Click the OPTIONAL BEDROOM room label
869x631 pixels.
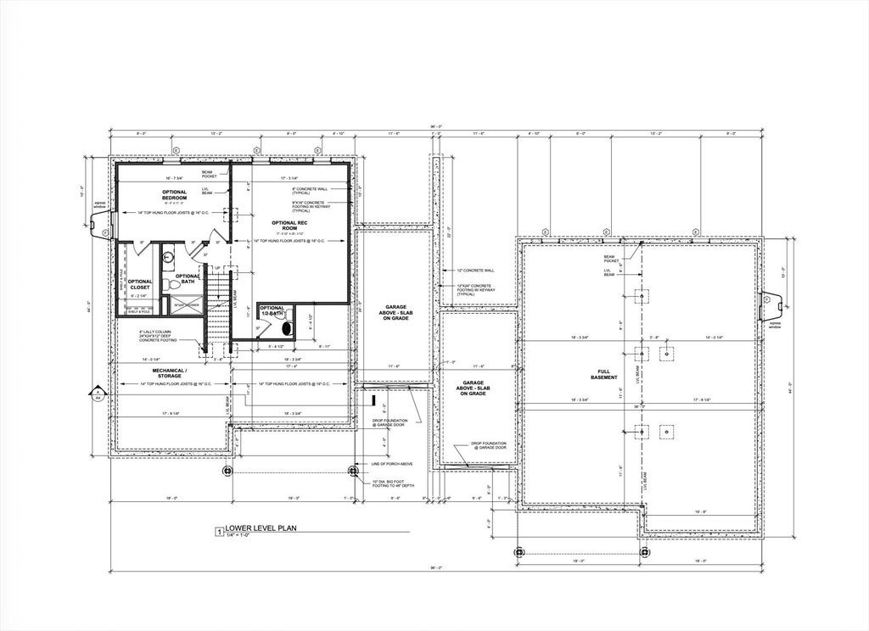tap(174, 195)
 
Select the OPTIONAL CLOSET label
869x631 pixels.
tap(140, 284)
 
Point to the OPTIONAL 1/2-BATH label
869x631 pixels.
tap(272, 310)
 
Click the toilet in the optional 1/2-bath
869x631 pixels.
tap(285, 326)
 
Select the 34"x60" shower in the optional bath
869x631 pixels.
tap(186, 304)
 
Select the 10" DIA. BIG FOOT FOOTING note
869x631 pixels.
tap(392, 483)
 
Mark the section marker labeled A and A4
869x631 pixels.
tap(98, 394)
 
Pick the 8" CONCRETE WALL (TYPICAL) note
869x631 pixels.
tap(309, 190)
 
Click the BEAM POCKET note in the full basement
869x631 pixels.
tap(610, 259)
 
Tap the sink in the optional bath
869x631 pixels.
tap(168, 254)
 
